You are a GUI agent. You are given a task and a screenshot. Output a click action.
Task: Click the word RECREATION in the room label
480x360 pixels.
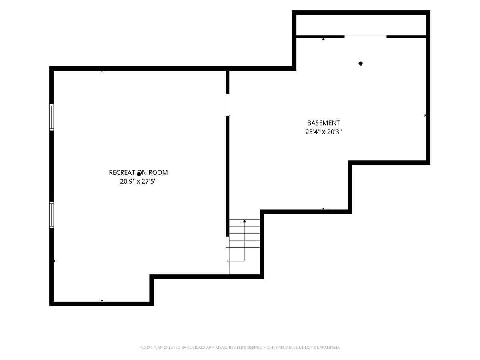pyautogui.click(x=128, y=173)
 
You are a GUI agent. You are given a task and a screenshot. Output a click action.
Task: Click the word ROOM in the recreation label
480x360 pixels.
pyautogui.click(x=158, y=173)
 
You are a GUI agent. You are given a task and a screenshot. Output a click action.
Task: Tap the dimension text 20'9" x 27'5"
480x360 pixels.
pyautogui.click(x=138, y=181)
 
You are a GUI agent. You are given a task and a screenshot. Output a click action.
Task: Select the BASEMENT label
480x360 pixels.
pyautogui.click(x=324, y=123)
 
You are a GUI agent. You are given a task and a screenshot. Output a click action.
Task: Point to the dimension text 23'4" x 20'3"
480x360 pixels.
pyautogui.click(x=324, y=132)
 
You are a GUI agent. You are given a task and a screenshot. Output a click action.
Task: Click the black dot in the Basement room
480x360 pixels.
pyautogui.click(x=361, y=63)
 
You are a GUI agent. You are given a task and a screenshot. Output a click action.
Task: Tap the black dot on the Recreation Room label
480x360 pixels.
pyautogui.click(x=139, y=174)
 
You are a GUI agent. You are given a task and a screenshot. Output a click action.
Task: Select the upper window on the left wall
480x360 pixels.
pyautogui.click(x=51, y=117)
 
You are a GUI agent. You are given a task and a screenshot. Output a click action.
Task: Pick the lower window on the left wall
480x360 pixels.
pyautogui.click(x=51, y=215)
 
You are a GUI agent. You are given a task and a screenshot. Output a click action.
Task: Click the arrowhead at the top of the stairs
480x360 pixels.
pyautogui.click(x=244, y=221)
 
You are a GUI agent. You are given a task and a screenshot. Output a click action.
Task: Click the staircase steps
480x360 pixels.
pyautogui.click(x=244, y=234)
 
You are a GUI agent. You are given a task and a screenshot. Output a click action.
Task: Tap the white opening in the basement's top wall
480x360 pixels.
pyautogui.click(x=366, y=37)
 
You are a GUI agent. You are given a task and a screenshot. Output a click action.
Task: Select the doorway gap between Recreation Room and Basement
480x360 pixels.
pyautogui.click(x=228, y=105)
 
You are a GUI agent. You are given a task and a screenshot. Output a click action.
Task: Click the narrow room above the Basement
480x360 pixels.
pyautogui.click(x=361, y=25)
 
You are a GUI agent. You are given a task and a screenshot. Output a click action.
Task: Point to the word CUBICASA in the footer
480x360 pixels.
pyautogui.click(x=196, y=348)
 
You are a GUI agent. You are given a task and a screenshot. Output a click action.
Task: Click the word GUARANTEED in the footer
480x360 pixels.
pyautogui.click(x=327, y=348)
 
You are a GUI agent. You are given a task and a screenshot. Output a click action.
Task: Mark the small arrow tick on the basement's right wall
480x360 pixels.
pyautogui.click(x=425, y=116)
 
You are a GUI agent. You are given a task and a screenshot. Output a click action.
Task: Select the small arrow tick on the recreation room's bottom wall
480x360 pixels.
pyautogui.click(x=102, y=301)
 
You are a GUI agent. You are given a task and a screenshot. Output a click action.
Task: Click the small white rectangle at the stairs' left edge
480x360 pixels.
pyautogui.click(x=228, y=242)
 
